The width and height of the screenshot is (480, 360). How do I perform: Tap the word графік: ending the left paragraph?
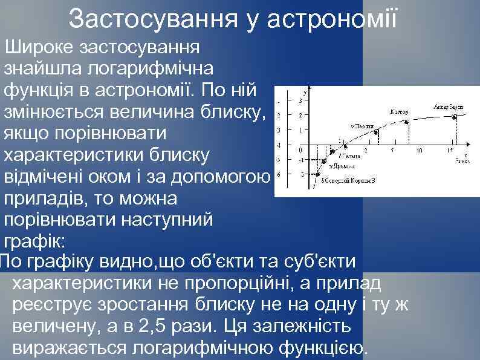coord(37,241)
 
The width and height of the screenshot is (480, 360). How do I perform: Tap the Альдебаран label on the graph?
coord(448,107)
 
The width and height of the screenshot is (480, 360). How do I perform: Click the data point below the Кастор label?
coord(407,122)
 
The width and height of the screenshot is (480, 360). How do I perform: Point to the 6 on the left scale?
coord(277,174)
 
